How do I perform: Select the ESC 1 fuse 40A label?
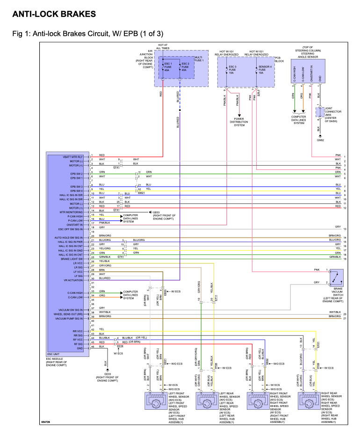pyautogui.click(x=168, y=67)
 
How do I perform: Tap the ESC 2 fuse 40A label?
pyautogui.click(x=185, y=67)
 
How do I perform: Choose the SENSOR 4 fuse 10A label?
pyautogui.click(x=265, y=70)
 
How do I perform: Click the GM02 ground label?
pyautogui.click(x=320, y=140)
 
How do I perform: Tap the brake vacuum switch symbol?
pyautogui.click(x=336, y=277)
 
